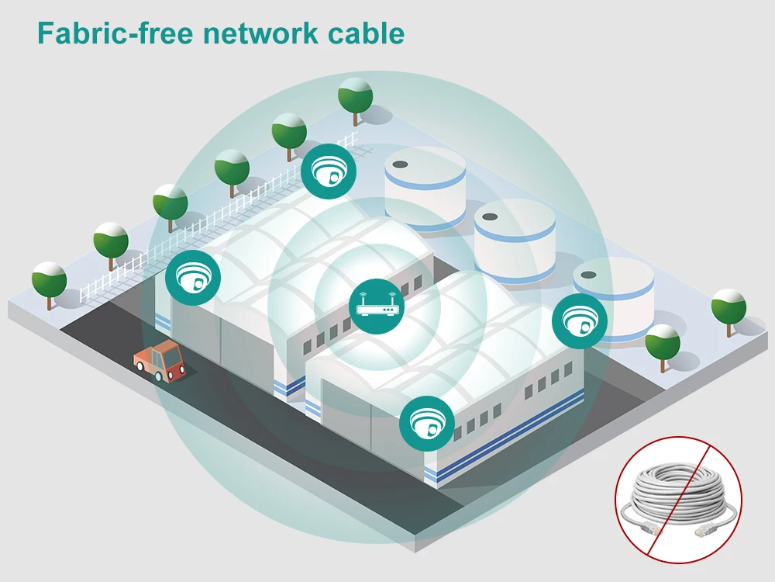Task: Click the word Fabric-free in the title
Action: tap(115, 33)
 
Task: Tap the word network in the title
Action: tap(260, 33)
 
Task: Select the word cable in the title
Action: tap(367, 33)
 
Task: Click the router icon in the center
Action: tap(377, 306)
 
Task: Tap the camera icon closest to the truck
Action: tap(192, 278)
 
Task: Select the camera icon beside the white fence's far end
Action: tap(328, 171)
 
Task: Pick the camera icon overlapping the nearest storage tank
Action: tap(579, 320)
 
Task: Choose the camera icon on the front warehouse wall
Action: tap(426, 423)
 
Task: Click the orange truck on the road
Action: tap(160, 360)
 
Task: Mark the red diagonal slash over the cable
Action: tap(678, 501)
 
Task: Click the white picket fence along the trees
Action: tap(218, 218)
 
